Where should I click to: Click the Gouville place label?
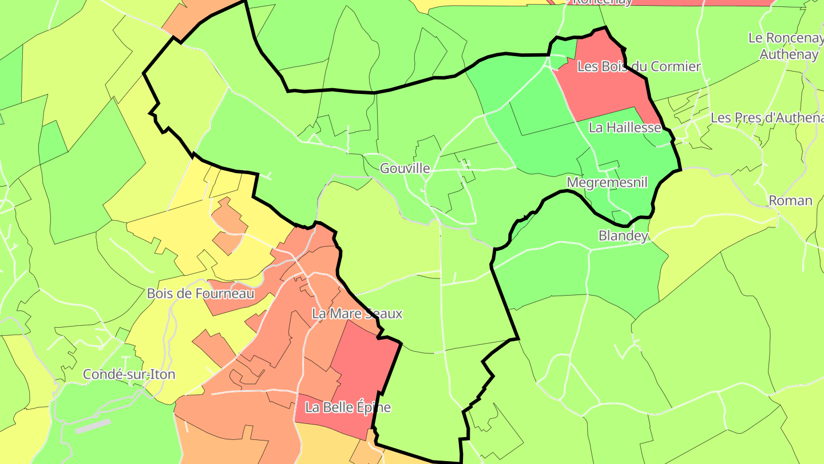point(405,168)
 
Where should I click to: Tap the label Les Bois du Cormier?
point(639,66)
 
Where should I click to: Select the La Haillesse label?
point(625,127)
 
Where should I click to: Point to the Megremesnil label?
point(607,182)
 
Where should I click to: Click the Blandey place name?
point(623,235)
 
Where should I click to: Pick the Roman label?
point(790,200)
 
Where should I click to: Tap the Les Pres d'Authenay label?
point(766,117)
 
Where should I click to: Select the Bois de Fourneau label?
point(200,293)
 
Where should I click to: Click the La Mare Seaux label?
point(356,313)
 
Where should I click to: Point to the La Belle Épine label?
point(348,407)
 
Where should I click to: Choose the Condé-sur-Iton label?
point(129,375)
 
